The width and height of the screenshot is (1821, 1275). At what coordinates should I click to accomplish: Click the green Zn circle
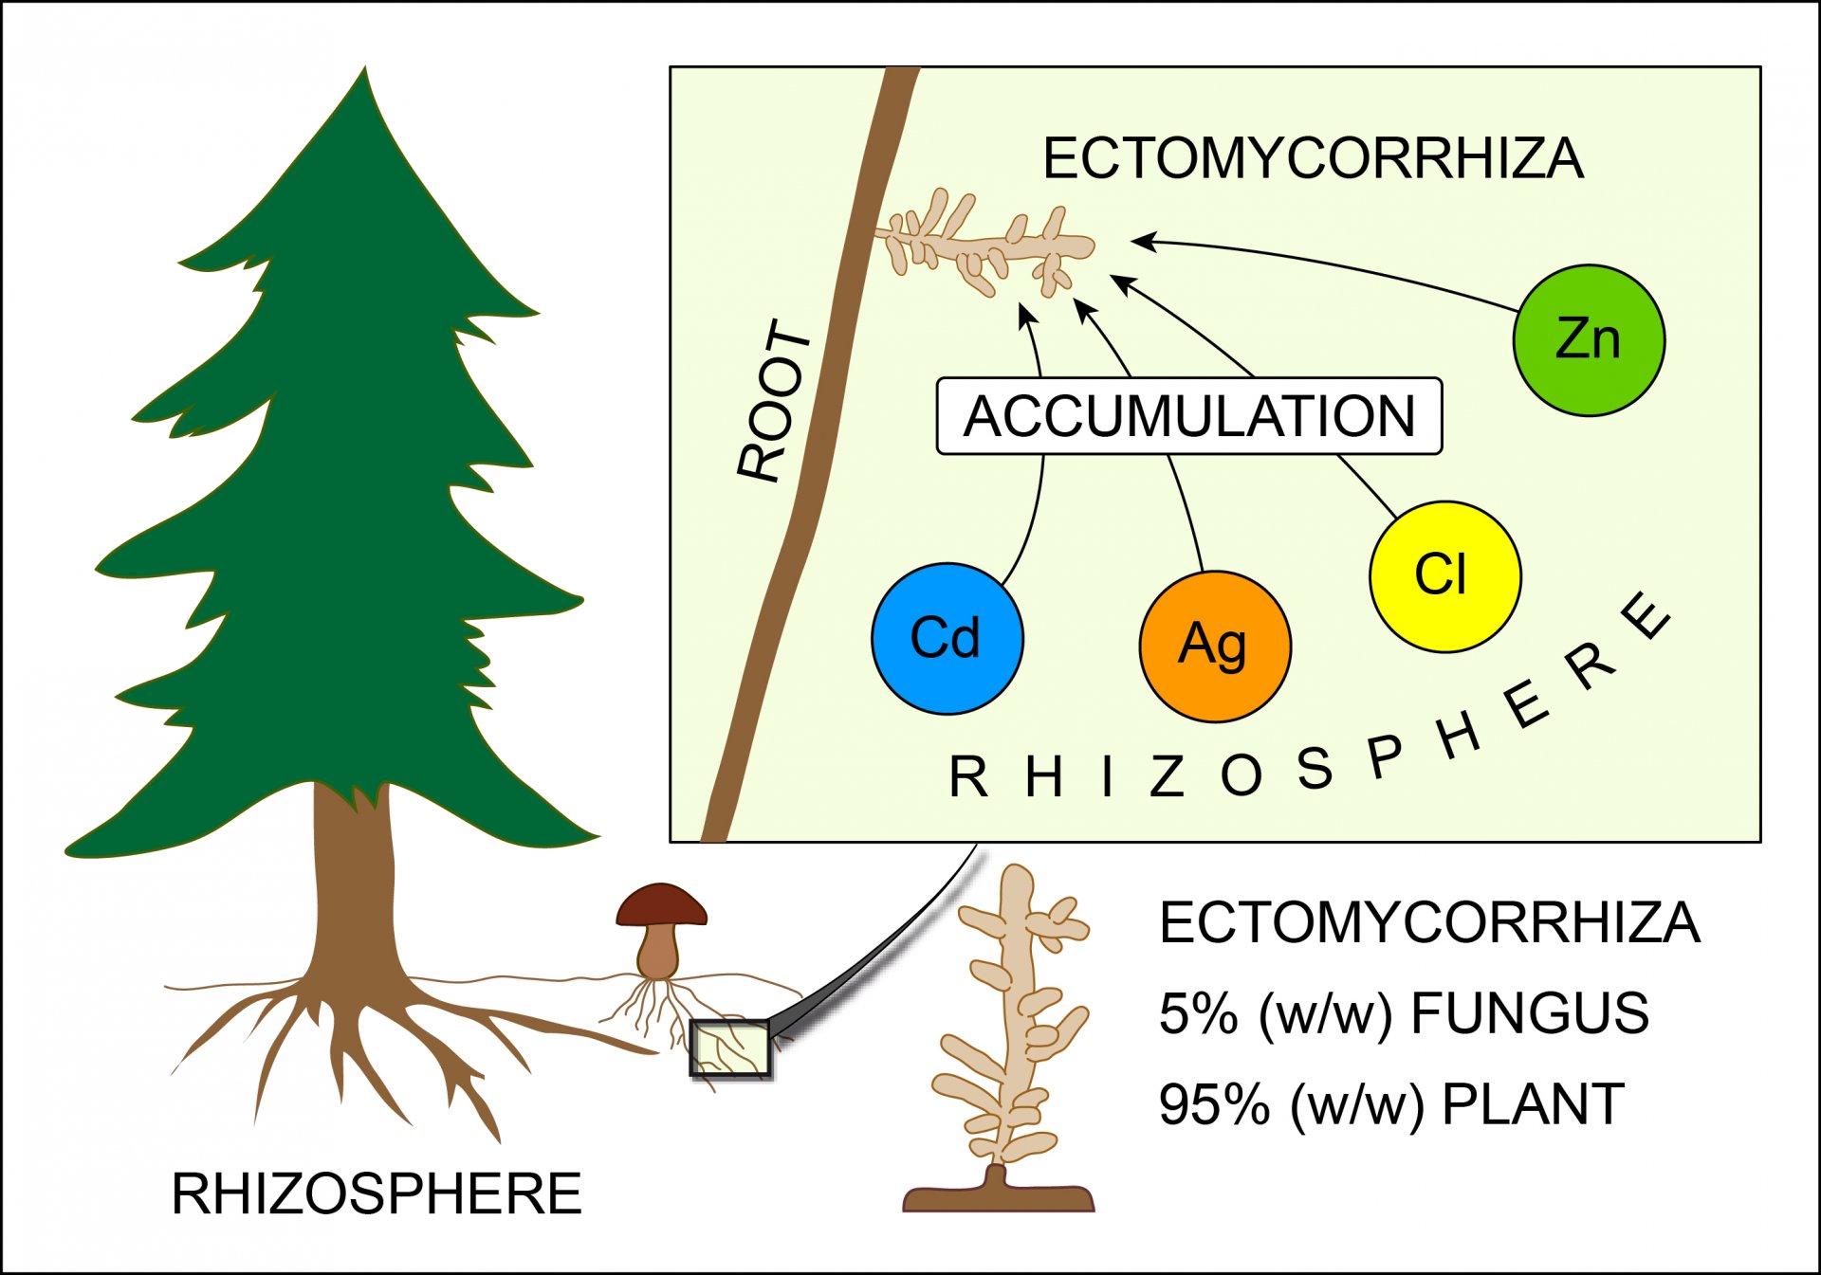(x=1589, y=340)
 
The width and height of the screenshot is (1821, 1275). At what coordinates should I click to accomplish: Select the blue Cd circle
(x=947, y=639)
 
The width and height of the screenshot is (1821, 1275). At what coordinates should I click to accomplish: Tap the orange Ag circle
(x=1215, y=647)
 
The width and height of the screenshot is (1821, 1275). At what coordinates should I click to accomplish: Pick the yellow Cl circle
(x=1445, y=576)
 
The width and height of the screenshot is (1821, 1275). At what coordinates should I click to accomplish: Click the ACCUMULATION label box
(x=1189, y=416)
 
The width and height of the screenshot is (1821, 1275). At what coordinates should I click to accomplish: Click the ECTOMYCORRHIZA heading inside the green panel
(x=1313, y=158)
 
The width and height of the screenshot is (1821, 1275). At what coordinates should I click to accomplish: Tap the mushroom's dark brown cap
(x=662, y=905)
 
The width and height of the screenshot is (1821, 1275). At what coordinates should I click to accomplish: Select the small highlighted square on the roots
(x=729, y=1048)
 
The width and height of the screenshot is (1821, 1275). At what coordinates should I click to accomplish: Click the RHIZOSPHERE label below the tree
(x=376, y=1193)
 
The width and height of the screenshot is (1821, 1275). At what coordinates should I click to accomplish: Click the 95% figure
(x=1214, y=1104)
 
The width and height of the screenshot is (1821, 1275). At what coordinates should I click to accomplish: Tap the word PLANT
(x=1533, y=1104)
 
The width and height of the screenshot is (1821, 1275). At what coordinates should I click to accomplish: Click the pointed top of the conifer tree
(x=365, y=68)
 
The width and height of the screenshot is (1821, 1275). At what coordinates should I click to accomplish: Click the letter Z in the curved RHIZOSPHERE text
(x=1167, y=776)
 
